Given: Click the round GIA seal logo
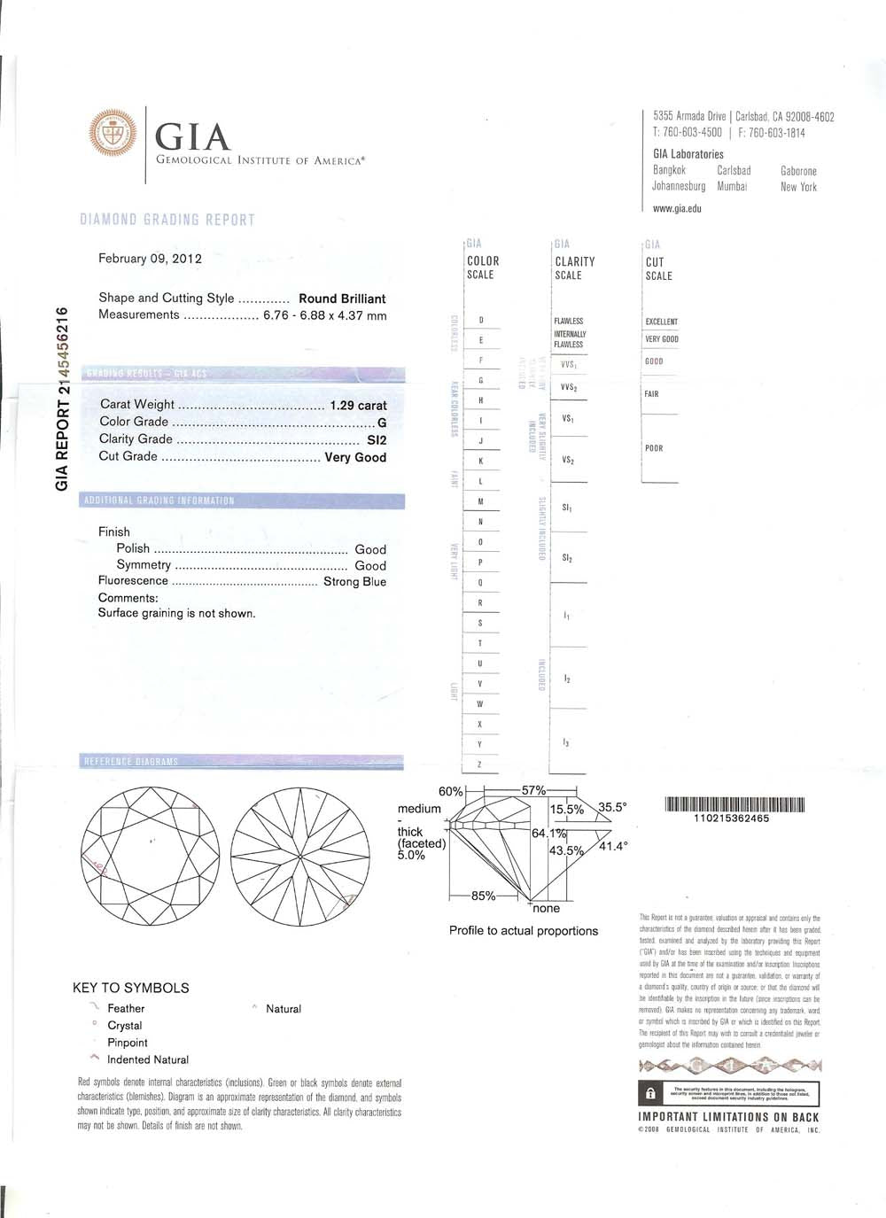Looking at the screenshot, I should point(114,134).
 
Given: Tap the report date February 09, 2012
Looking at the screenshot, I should point(150,259).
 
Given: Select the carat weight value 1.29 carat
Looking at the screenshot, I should point(358,405).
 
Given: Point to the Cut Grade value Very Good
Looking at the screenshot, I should point(355,457).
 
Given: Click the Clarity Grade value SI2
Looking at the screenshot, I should point(377,439).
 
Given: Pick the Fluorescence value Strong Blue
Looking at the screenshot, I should point(354,581).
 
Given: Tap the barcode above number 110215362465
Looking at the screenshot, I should point(734,805).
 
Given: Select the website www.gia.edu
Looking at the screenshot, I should point(676,208).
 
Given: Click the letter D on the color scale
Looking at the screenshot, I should point(481,320).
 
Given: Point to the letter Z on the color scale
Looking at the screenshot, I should point(480,764).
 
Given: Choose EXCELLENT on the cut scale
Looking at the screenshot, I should point(661,322).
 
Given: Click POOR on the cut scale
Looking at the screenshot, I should point(654,448).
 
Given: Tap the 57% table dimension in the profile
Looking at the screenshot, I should point(533,790).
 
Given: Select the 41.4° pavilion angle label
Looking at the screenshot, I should point(613,846).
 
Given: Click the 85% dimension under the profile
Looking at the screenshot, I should point(483,896).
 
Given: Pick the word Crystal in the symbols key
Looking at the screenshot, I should point(125,1025).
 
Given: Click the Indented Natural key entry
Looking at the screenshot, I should point(148,1059).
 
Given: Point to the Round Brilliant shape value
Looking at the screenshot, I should point(342,299).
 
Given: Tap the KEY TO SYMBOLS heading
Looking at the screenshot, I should point(131,988).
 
